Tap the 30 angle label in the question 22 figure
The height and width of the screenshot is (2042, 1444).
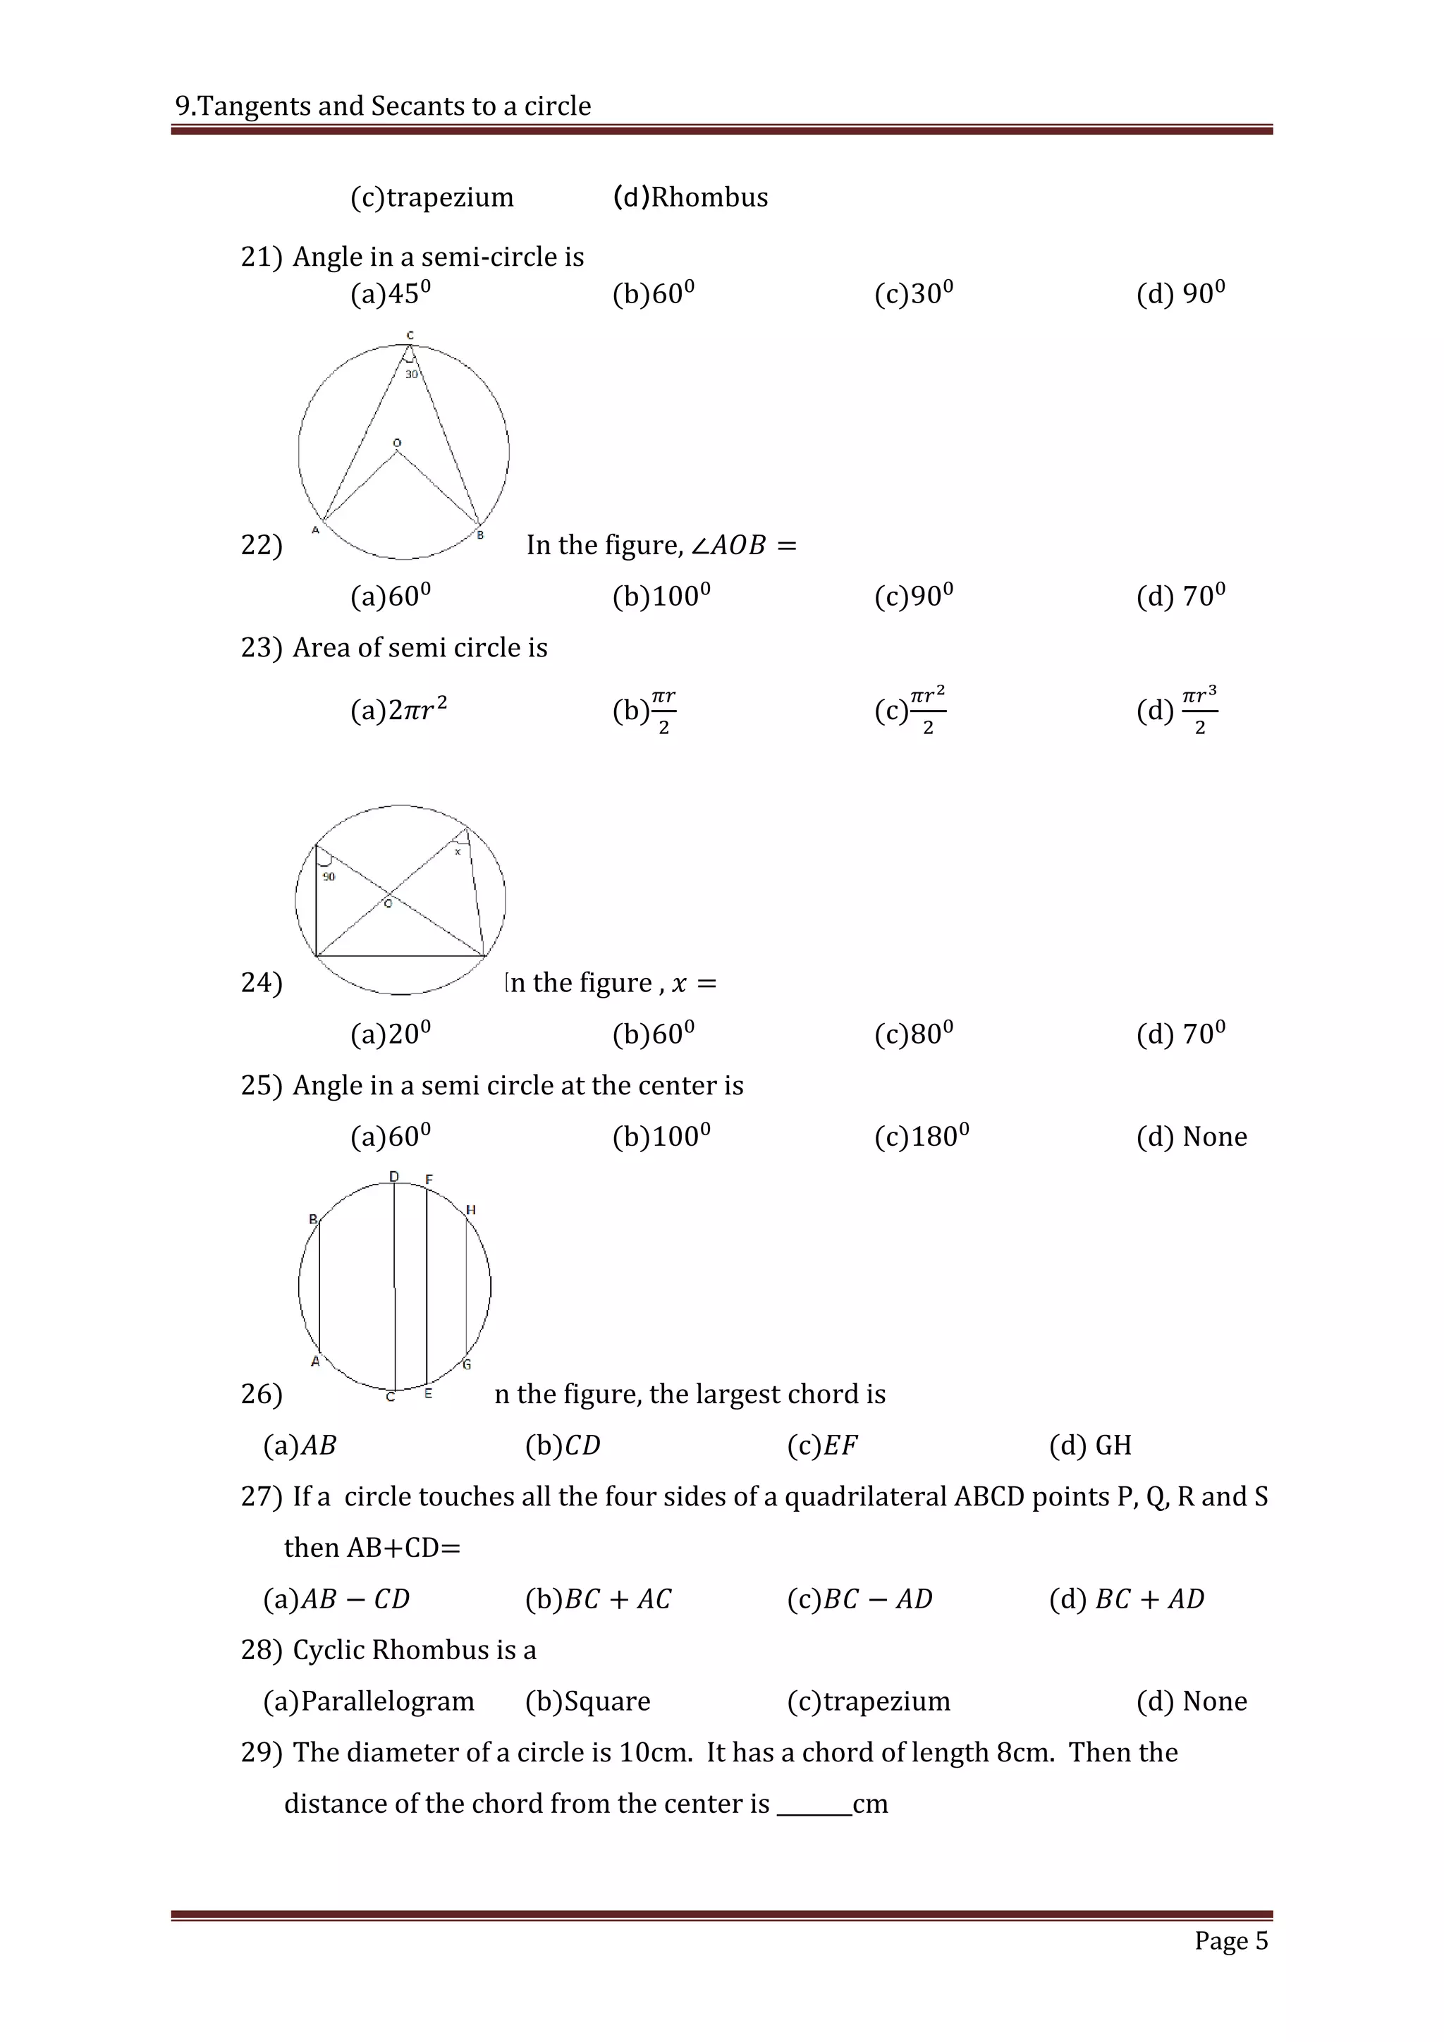pyautogui.click(x=412, y=374)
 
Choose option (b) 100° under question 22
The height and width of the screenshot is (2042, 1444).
pyautogui.click(x=661, y=595)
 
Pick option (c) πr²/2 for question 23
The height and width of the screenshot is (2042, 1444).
pyautogui.click(x=910, y=710)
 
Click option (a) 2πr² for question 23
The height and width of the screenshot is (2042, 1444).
pyautogui.click(x=398, y=710)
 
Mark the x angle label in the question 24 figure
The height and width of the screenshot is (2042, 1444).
pyautogui.click(x=458, y=852)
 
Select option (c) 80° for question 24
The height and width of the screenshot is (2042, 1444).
pyautogui.click(x=913, y=1034)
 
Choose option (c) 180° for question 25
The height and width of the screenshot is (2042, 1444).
pyautogui.click(x=921, y=1137)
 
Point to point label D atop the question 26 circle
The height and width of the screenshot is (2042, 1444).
pyautogui.click(x=394, y=1177)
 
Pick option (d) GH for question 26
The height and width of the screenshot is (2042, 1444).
pyautogui.click(x=1090, y=1445)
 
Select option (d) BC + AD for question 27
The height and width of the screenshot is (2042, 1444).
pyautogui.click(x=1127, y=1599)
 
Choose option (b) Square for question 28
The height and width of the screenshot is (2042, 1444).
pyautogui.click(x=588, y=1701)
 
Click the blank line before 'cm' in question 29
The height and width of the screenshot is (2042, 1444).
pyautogui.click(x=814, y=1804)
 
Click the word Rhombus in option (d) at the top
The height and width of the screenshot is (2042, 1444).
pyautogui.click(x=709, y=197)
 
